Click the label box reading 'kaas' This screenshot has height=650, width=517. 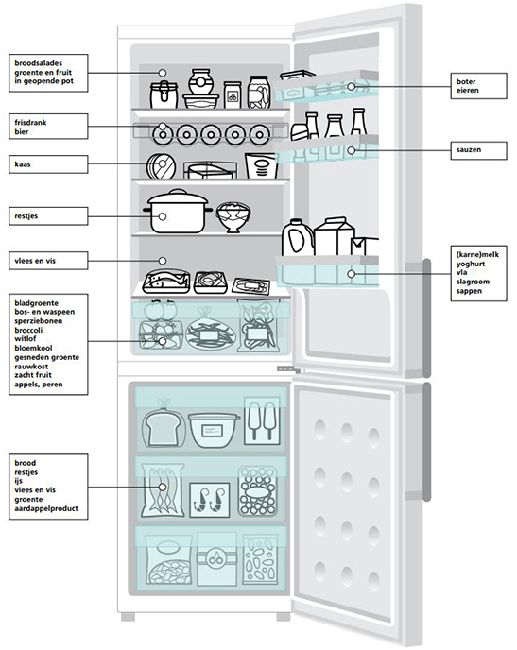(x=48, y=164)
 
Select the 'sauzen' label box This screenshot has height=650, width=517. (x=478, y=150)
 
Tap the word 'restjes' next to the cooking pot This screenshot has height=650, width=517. (x=26, y=216)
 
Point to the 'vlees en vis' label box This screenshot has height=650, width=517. (x=48, y=261)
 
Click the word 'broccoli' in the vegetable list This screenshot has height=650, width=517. (x=28, y=330)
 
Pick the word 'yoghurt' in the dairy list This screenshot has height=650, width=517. (x=471, y=264)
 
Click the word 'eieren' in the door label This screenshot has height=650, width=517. (x=468, y=91)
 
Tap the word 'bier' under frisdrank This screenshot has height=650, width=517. (x=22, y=132)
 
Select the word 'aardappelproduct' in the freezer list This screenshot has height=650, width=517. (x=46, y=508)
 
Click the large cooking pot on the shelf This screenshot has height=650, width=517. (x=178, y=212)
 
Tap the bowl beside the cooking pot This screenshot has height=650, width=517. (x=233, y=216)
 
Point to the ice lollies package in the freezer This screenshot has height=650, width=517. (x=262, y=420)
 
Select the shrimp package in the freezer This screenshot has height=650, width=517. (x=210, y=500)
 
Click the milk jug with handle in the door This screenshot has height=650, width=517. (x=298, y=237)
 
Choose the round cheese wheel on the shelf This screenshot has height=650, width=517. (x=161, y=166)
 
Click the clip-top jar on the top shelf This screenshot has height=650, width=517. (x=164, y=94)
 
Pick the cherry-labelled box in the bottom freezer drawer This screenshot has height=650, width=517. (x=216, y=558)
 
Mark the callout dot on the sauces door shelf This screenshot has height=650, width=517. (x=352, y=150)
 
